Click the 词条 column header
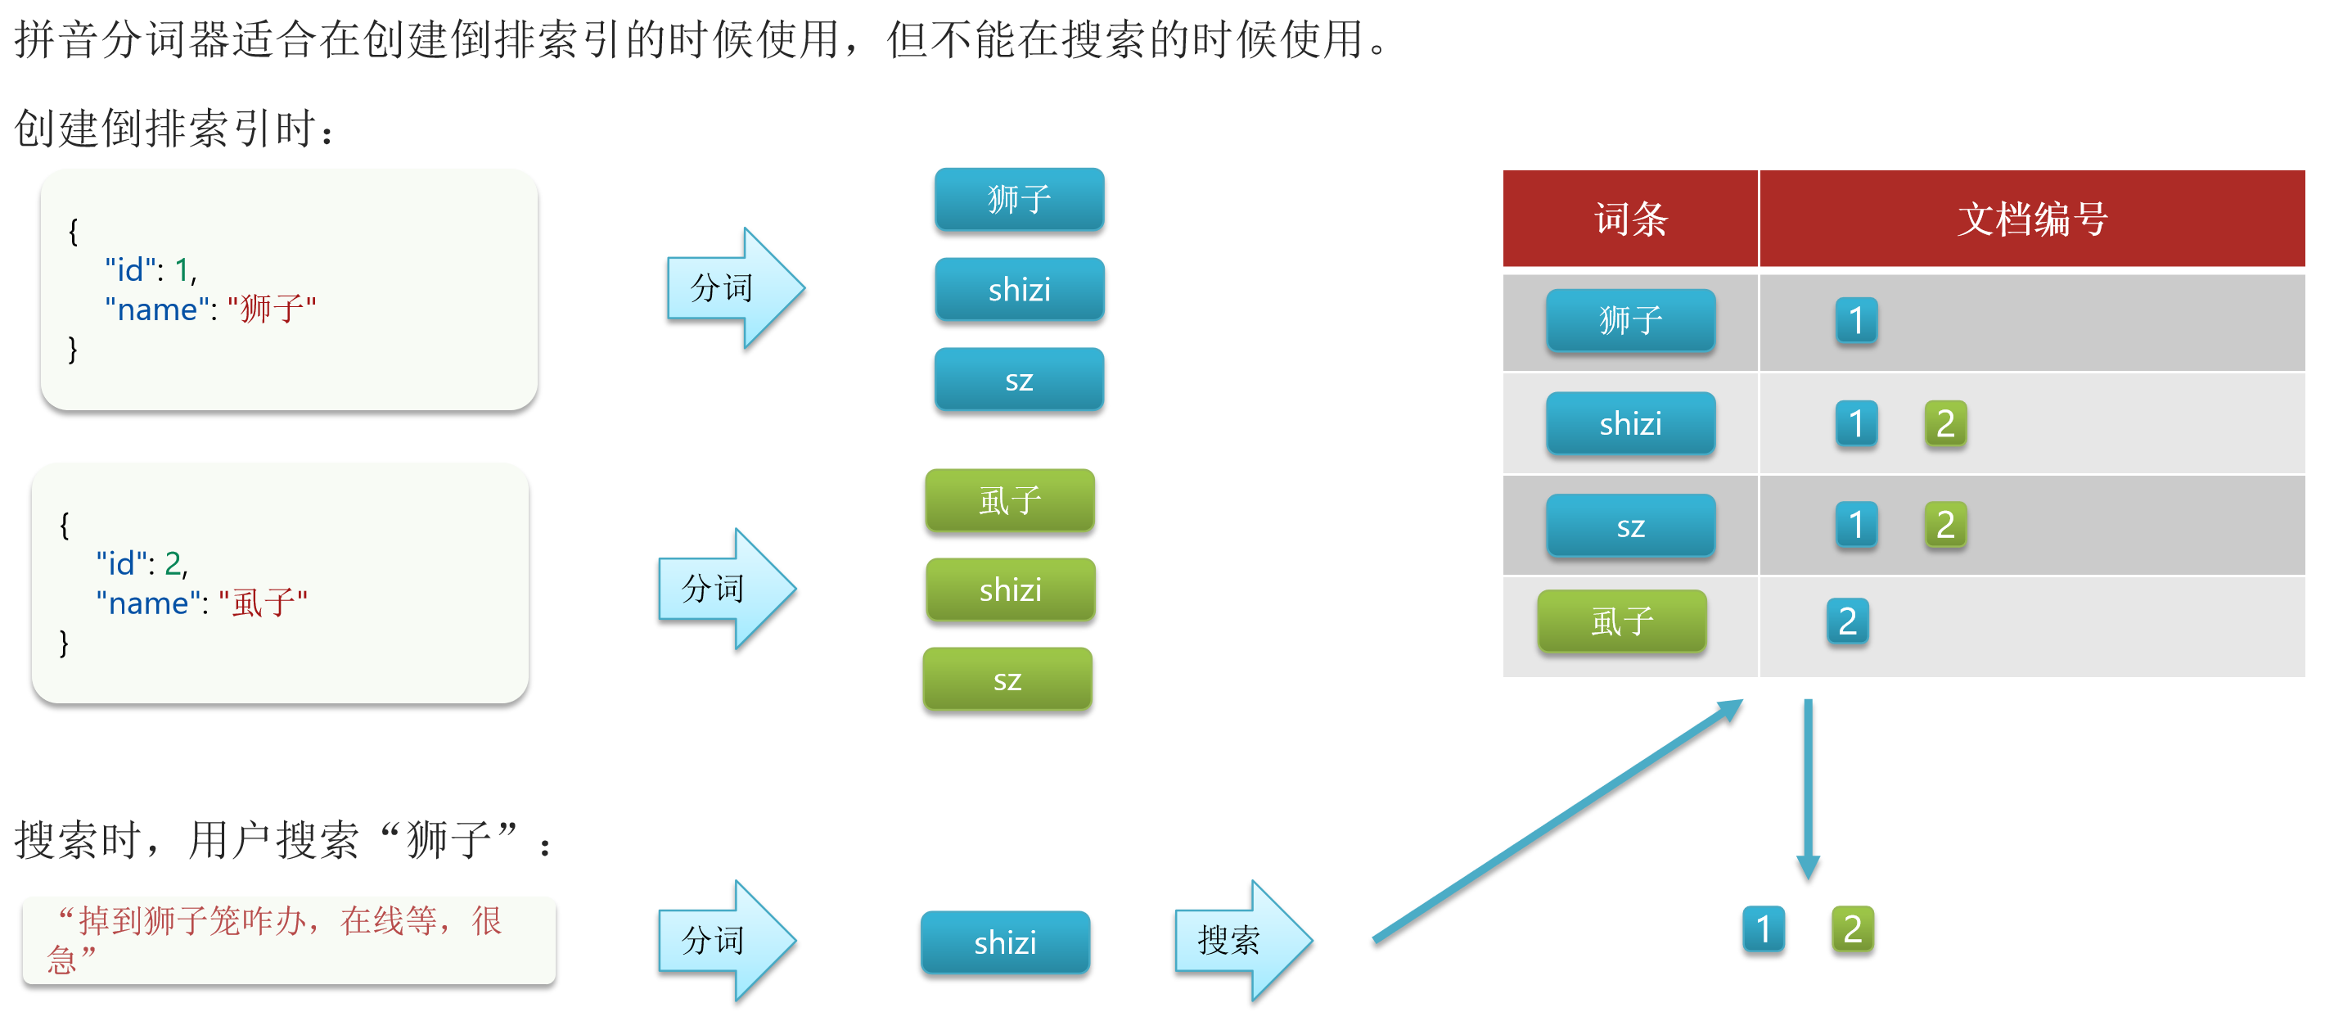point(1630,219)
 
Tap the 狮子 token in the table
point(1630,320)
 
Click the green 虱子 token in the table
point(1622,621)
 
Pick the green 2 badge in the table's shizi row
point(1945,423)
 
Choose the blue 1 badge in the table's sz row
point(1856,526)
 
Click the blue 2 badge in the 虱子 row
point(1846,621)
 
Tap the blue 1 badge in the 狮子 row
point(1856,320)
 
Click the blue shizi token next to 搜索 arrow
point(1004,942)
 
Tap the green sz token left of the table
point(1007,680)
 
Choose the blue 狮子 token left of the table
point(1019,200)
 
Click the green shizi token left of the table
point(1010,590)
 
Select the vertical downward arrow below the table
point(1808,785)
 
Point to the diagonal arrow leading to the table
point(1557,821)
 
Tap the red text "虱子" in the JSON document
point(262,602)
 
